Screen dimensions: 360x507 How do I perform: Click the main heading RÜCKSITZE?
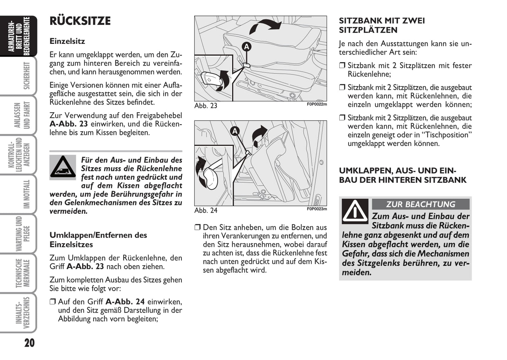coord(80,21)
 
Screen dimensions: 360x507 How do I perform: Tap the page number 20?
coord(29,342)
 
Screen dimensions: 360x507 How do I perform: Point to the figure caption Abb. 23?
coord(206,106)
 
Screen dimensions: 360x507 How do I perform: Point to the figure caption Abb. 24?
coord(206,210)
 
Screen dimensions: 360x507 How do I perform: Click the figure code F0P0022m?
coord(317,104)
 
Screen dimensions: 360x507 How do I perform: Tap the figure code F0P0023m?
coord(317,209)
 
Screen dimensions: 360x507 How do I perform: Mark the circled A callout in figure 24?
coord(235,132)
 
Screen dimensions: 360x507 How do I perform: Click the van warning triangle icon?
coord(63,167)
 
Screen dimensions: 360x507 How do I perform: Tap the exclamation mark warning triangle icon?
coord(355,211)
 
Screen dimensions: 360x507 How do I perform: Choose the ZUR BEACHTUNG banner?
coord(420,204)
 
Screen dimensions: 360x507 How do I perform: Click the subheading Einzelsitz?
coord(67,41)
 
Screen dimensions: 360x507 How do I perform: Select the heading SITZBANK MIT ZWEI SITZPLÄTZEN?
coord(382,25)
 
